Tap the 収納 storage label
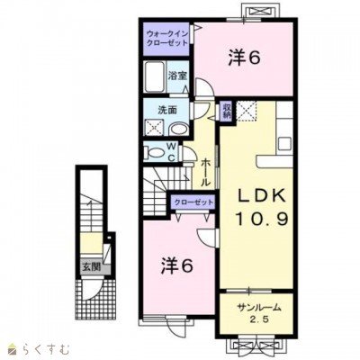click(227, 112)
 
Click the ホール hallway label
click(206, 169)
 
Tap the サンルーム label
click(259, 308)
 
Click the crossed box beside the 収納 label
click(246, 112)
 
